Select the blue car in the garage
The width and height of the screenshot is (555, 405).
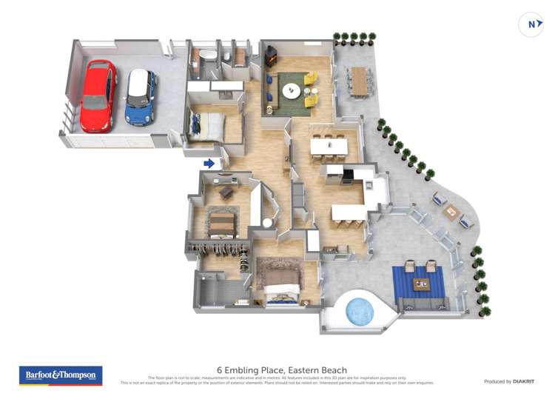click(140, 96)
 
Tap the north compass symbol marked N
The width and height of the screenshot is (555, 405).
click(531, 24)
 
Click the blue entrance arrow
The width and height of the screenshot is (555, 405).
click(209, 164)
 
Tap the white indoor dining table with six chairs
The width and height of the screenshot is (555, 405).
click(328, 147)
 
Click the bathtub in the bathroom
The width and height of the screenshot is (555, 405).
click(209, 56)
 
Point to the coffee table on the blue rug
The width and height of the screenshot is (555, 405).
click(421, 284)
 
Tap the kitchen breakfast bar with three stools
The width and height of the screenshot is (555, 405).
click(348, 212)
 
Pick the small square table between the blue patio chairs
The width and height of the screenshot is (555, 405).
click(451, 211)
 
